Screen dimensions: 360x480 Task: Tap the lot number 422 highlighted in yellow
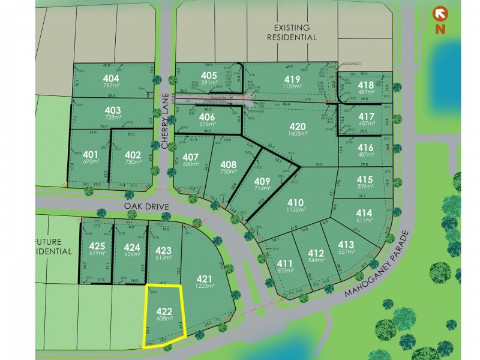[x=164, y=311]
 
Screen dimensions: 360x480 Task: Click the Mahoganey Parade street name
[x=378, y=265]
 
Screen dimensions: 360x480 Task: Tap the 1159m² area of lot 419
[x=293, y=88]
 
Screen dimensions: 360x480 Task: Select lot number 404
[x=111, y=79]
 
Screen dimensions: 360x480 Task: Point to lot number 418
[x=366, y=85]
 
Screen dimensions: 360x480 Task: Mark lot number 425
[x=97, y=245]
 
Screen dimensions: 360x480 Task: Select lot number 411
[x=284, y=263]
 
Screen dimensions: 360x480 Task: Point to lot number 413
[x=346, y=245]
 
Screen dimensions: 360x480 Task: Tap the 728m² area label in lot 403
[x=112, y=118]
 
